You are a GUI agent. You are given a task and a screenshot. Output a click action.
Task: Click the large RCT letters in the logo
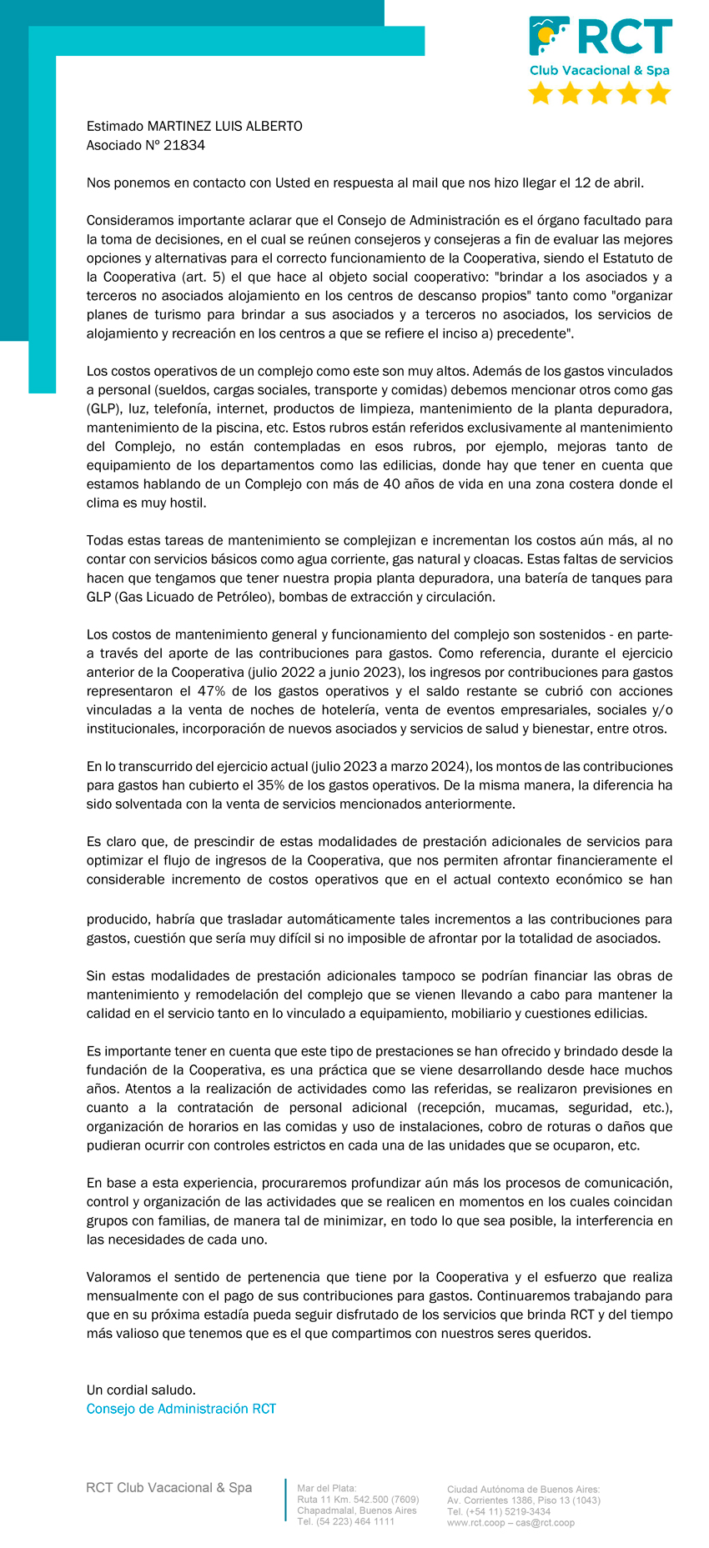[625, 38]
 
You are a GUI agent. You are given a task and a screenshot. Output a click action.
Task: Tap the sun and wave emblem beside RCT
[549, 37]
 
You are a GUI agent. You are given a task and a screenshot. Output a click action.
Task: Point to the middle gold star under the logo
[600, 93]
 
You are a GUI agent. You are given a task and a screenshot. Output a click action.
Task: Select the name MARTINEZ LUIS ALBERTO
[224, 127]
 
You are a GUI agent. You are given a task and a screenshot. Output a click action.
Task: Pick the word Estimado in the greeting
[115, 127]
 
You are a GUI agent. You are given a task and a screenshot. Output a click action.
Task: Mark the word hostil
[188, 503]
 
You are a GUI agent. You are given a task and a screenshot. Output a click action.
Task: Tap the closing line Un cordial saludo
[141, 1390]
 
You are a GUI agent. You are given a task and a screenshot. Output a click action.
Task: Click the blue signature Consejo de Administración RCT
[181, 1409]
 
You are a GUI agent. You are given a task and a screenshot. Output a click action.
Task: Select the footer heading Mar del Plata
[326, 1488]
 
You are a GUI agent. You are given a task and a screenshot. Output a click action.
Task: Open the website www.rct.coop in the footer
[475, 1523]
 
